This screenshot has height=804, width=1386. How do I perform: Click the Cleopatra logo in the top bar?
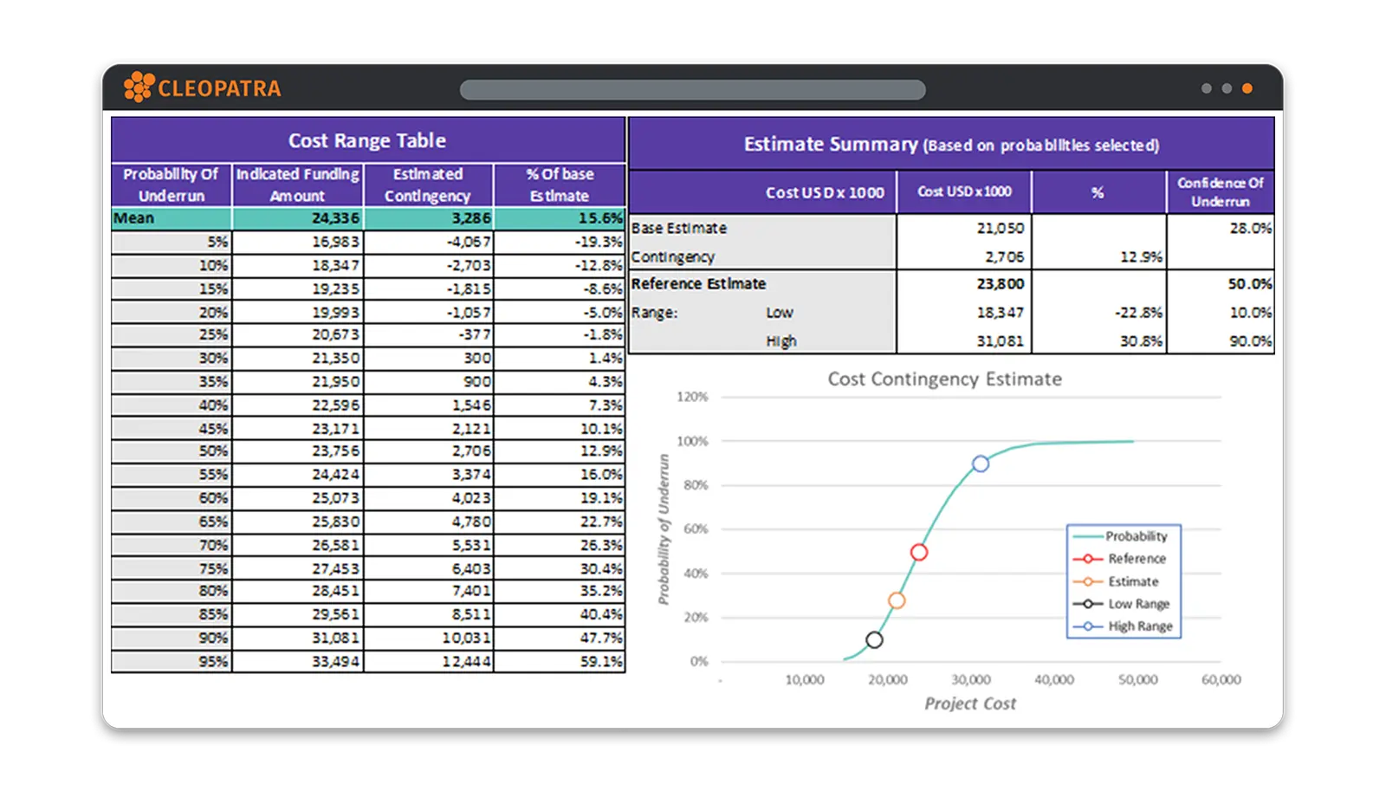(x=202, y=88)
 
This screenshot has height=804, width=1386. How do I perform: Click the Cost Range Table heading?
(x=367, y=140)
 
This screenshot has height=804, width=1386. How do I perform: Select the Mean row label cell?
(x=171, y=218)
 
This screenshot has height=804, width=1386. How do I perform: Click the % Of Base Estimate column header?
(x=560, y=185)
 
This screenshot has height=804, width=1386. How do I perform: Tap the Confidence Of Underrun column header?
(x=1220, y=191)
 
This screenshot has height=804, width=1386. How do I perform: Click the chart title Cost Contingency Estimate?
(x=944, y=379)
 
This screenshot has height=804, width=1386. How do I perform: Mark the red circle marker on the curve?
(x=919, y=552)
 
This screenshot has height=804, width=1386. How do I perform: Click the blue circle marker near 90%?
(x=980, y=464)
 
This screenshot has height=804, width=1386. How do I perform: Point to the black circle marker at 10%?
(x=874, y=639)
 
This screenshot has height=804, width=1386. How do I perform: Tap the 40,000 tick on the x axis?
(x=1053, y=680)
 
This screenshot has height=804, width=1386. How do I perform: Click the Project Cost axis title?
(x=969, y=703)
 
